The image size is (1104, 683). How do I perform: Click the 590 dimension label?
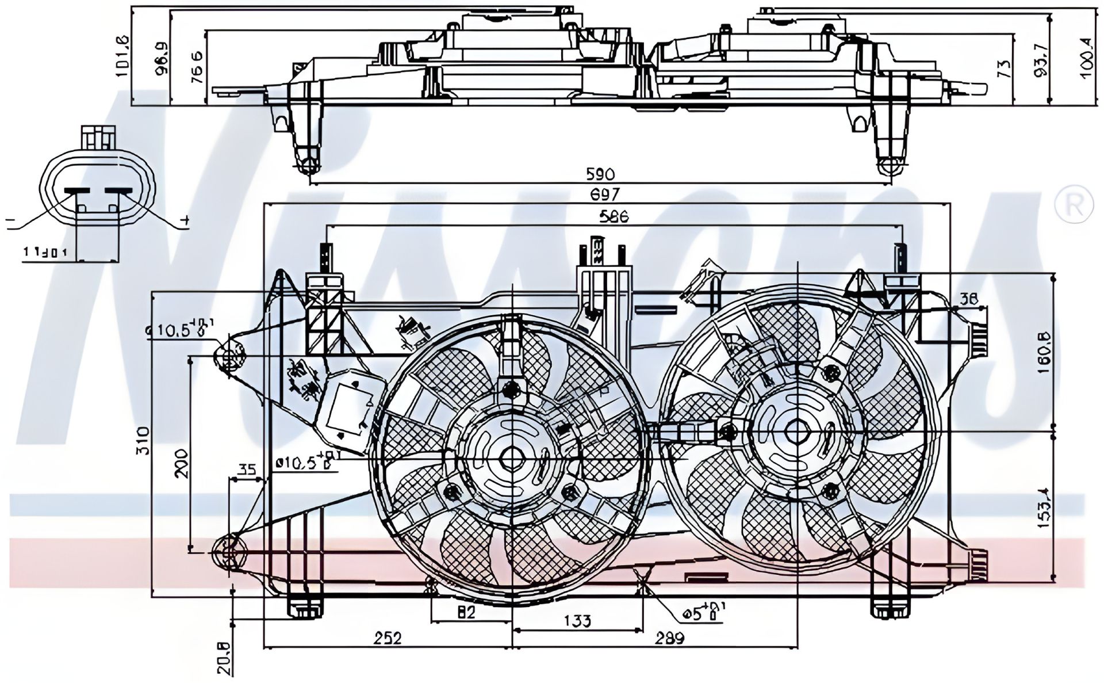[600, 174]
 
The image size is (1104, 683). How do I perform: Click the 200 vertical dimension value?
[181, 463]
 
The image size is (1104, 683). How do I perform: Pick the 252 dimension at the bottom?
[388, 638]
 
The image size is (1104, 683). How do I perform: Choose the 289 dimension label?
[670, 638]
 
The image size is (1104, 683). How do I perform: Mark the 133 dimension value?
[577, 621]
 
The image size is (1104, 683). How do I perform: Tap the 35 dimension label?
[247, 470]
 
